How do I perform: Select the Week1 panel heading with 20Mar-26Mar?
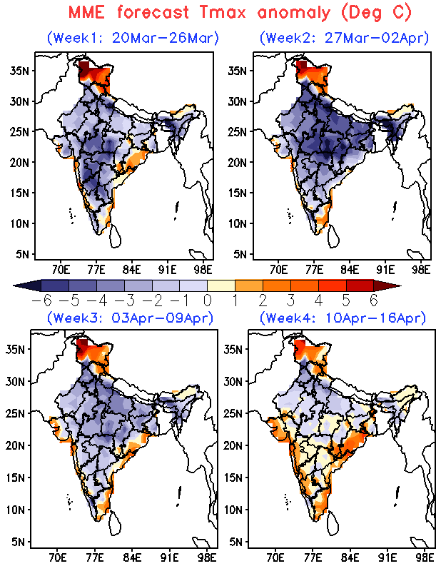click(x=132, y=38)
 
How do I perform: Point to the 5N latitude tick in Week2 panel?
click(x=240, y=254)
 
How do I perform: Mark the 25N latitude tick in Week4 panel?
click(x=236, y=413)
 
